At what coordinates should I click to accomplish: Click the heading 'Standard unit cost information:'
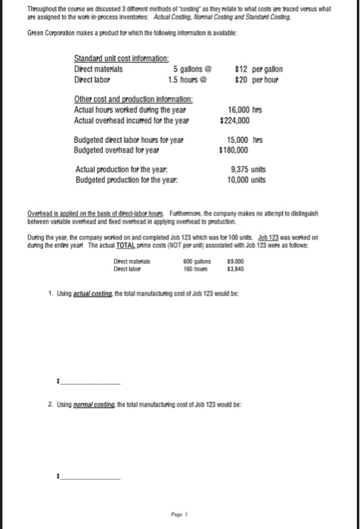(x=119, y=58)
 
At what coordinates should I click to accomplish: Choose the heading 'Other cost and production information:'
(x=133, y=99)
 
